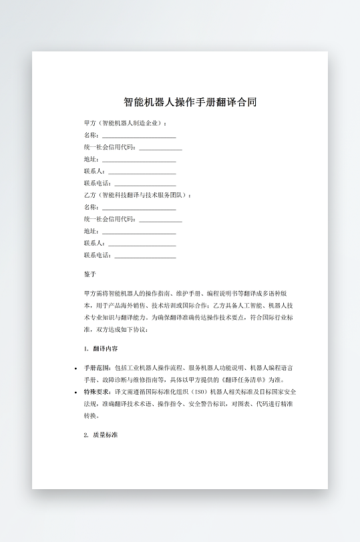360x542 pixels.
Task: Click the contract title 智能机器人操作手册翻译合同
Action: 190,102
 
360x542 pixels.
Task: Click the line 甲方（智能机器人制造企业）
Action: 126,123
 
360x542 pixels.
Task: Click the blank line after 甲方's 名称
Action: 139,136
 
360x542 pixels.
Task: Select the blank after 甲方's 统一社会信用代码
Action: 160,148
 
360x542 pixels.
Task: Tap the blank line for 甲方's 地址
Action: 139,160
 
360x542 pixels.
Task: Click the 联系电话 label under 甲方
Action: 98,184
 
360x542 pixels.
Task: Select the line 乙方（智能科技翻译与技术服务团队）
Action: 138,196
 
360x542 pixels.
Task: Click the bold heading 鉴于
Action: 90,274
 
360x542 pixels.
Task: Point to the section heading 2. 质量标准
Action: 102,435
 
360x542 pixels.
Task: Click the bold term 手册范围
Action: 98,368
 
